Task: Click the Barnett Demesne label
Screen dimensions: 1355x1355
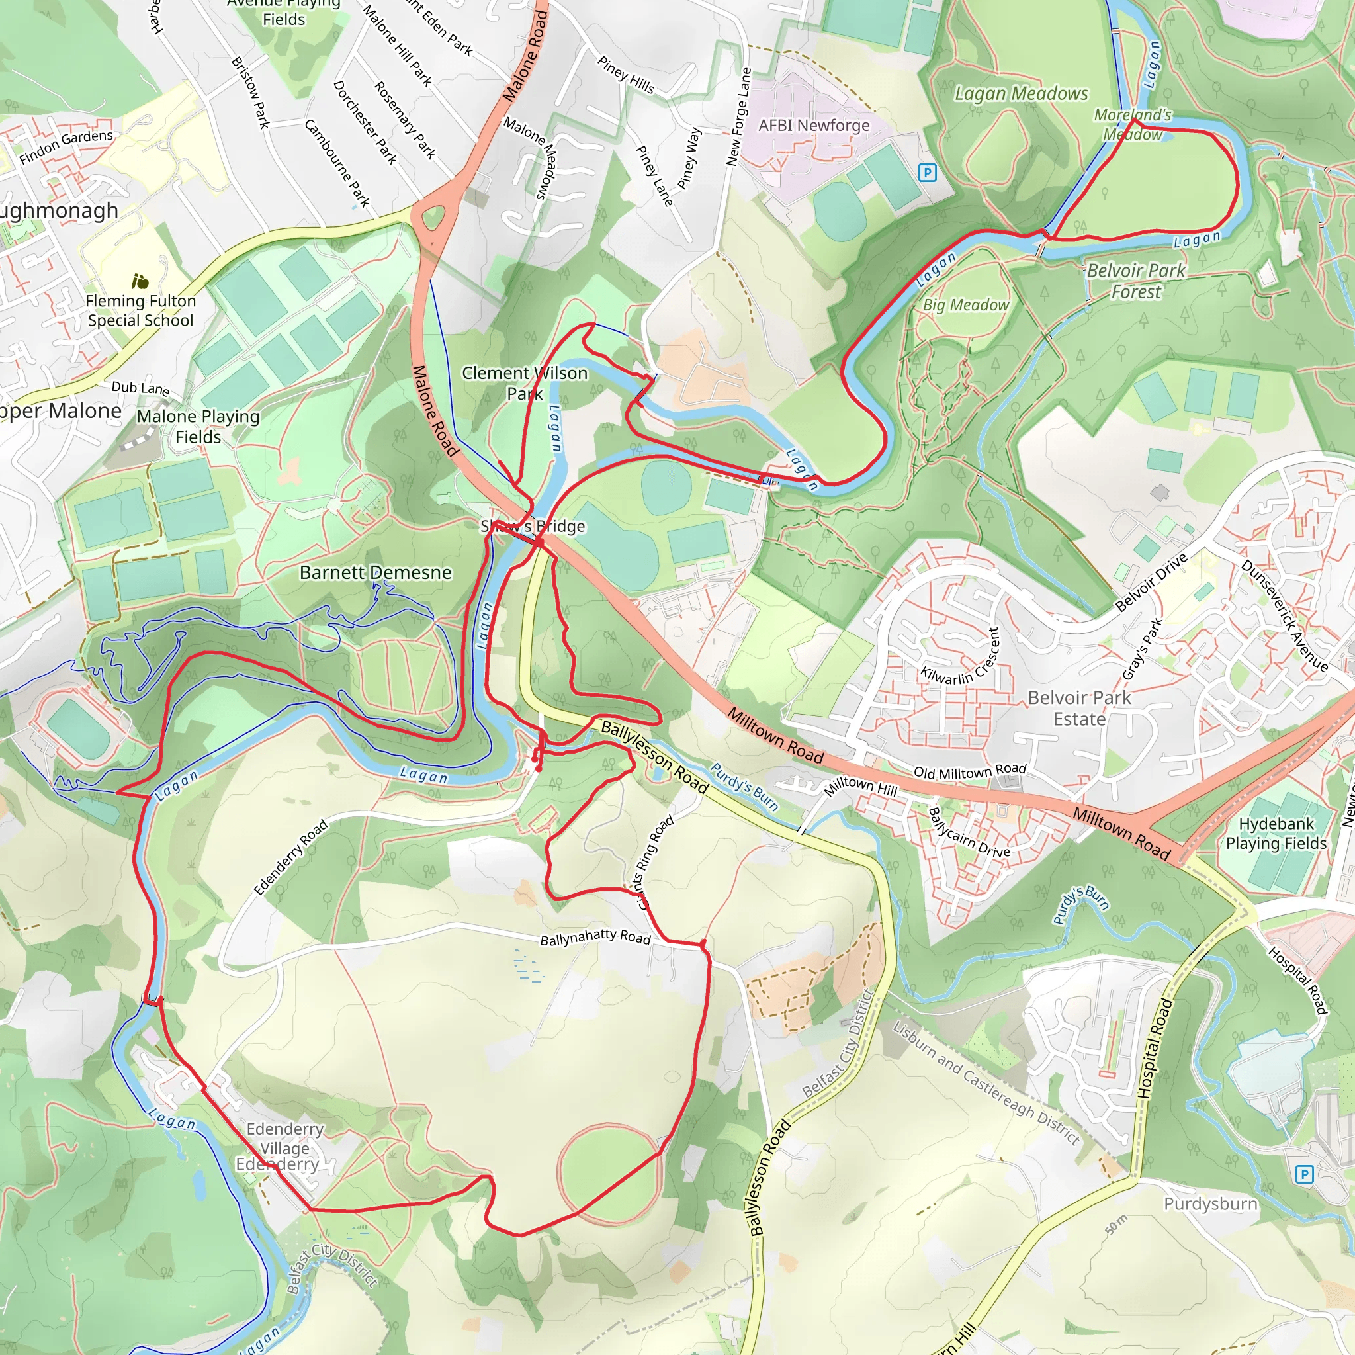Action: (x=375, y=572)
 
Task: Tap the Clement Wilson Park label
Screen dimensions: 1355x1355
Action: (x=525, y=383)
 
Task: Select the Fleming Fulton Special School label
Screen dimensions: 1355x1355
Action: (x=140, y=311)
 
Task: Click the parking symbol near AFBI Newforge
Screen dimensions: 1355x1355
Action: (x=927, y=173)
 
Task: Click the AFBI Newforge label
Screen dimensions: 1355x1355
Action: (x=814, y=126)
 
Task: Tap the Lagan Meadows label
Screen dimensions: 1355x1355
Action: (x=1021, y=93)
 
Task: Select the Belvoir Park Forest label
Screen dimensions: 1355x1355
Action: (x=1135, y=281)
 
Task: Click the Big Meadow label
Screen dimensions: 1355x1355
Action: (x=965, y=305)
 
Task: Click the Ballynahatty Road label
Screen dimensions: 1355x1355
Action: (x=595, y=937)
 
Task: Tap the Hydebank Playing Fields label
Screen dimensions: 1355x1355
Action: (x=1276, y=833)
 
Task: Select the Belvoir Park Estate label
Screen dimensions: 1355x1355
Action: (x=1078, y=709)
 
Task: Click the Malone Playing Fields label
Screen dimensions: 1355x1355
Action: (x=198, y=427)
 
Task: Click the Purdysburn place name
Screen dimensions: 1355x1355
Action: (x=1210, y=1204)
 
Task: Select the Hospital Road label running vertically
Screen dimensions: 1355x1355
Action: (x=1155, y=1049)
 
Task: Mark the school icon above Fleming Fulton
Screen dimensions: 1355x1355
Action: (x=140, y=282)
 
